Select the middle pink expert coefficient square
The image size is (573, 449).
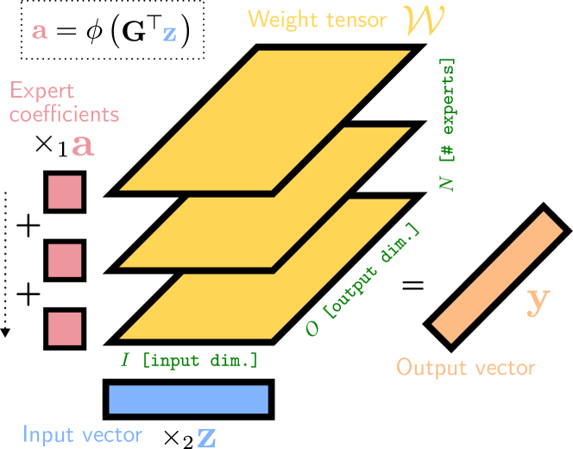(x=64, y=260)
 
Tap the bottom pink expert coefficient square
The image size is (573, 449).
(x=64, y=328)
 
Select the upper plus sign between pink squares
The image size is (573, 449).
(x=28, y=227)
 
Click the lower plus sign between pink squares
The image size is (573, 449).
(x=28, y=294)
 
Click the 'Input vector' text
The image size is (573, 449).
(x=83, y=434)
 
